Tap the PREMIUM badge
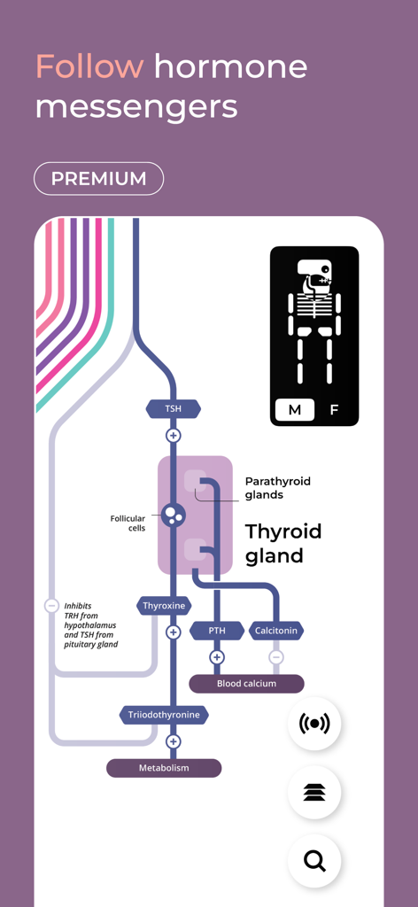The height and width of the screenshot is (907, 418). (x=98, y=178)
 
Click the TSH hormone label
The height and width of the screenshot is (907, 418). (x=174, y=409)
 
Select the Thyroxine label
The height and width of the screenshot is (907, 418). (x=164, y=606)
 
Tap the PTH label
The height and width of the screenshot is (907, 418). (x=217, y=631)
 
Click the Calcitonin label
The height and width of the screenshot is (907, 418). (x=276, y=631)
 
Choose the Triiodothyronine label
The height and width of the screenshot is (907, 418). (x=164, y=715)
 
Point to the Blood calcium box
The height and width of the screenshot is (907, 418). (x=246, y=684)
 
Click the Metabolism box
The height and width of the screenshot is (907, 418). (x=164, y=768)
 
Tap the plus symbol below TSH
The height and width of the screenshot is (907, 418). (x=174, y=435)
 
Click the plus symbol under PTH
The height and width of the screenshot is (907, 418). (x=217, y=657)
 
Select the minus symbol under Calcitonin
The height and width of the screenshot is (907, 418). (x=276, y=657)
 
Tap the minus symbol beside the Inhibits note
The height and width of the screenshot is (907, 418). (x=51, y=606)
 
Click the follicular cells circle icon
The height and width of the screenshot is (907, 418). (x=174, y=514)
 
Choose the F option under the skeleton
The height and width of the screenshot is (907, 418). (x=334, y=410)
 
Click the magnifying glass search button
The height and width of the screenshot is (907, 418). (x=314, y=861)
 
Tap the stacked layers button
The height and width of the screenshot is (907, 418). (x=314, y=792)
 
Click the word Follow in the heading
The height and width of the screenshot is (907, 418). (x=89, y=66)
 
